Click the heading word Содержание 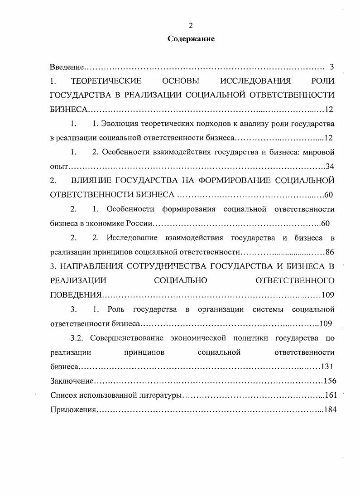point(191,39)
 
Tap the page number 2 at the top point(191,25)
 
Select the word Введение point(67,67)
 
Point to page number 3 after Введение point(331,67)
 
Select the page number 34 point(330,166)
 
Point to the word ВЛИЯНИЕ point(93,180)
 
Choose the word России point(143,223)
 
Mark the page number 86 point(330,252)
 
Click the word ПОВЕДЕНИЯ point(76,295)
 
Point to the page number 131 point(327,366)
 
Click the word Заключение point(72,381)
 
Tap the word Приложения point(73,409)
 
